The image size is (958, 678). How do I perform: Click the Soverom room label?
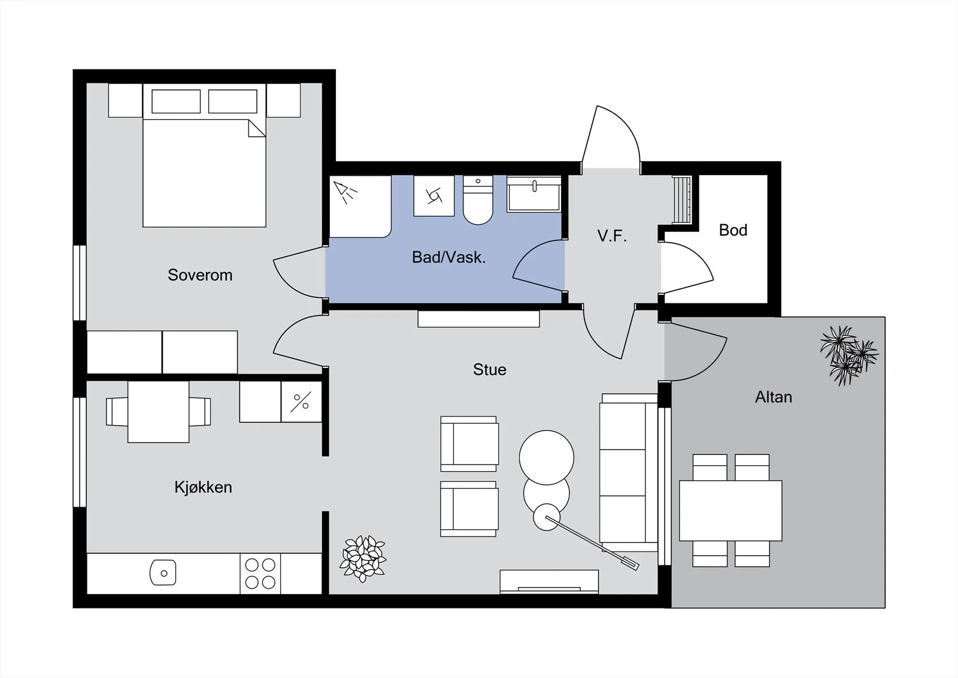pyautogui.click(x=200, y=275)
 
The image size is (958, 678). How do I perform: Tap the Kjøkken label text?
pyautogui.click(x=203, y=487)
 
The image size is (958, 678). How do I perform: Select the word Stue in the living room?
pyautogui.click(x=490, y=370)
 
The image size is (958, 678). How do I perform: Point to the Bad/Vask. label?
pyautogui.click(x=448, y=257)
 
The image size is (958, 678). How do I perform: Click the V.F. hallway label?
pyautogui.click(x=612, y=236)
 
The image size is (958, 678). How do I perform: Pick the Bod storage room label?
pyautogui.click(x=733, y=230)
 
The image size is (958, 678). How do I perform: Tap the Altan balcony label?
pyautogui.click(x=773, y=397)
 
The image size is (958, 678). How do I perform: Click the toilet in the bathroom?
pyautogui.click(x=478, y=200)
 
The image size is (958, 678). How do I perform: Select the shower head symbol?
pyautogui.click(x=345, y=192)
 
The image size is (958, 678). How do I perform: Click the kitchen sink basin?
pyautogui.click(x=163, y=572)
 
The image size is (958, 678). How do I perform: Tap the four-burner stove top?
pyautogui.click(x=260, y=574)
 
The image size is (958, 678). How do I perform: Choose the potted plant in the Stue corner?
pyautogui.click(x=363, y=559)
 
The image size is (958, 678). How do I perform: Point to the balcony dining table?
pyautogui.click(x=730, y=511)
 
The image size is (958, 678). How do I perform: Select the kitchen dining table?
pyautogui.click(x=158, y=412)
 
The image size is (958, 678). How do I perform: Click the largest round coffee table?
pyautogui.click(x=547, y=457)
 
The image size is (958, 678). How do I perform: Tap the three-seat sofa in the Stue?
pyautogui.click(x=628, y=472)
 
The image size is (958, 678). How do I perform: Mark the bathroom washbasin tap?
pyautogui.click(x=535, y=186)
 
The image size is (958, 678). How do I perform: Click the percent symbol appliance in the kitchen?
pyautogui.click(x=301, y=402)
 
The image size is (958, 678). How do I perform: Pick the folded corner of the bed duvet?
pyautogui.click(x=257, y=128)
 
